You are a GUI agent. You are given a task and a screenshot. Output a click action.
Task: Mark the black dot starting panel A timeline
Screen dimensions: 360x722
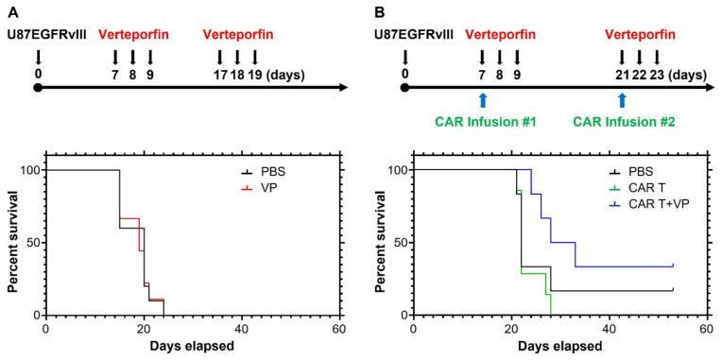coord(38,88)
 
